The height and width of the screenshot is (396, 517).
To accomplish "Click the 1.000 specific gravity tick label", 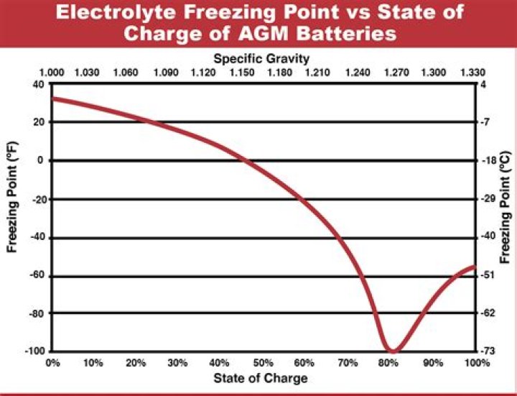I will [x=52, y=73].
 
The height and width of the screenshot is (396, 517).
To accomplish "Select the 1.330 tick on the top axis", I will [x=470, y=73].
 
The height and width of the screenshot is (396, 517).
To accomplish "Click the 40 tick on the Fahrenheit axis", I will [x=37, y=84].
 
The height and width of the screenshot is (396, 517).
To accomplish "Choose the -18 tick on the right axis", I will [x=486, y=161].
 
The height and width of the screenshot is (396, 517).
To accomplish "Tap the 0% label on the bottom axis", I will [x=52, y=363].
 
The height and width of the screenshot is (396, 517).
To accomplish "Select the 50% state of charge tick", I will [x=263, y=363].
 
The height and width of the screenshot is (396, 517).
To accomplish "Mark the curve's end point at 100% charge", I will [x=472, y=267].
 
